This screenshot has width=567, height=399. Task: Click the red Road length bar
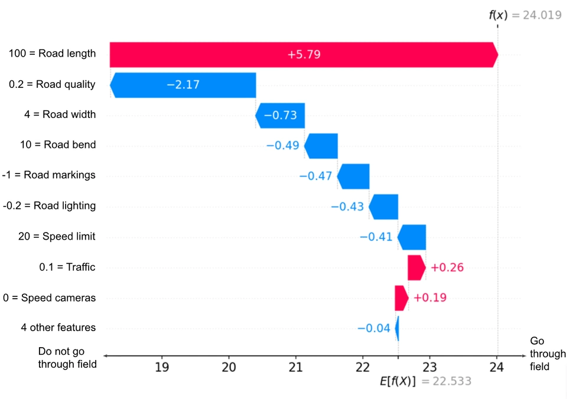304,55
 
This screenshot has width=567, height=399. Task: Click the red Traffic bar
416,267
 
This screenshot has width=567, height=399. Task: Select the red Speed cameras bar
401,297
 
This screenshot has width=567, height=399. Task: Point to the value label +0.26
447,267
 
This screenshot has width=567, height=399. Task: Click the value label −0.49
282,146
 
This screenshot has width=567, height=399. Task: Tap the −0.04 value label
373,328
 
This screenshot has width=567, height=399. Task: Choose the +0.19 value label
430,297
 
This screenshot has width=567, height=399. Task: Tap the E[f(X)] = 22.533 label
425,382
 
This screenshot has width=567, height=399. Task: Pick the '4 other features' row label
58,328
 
